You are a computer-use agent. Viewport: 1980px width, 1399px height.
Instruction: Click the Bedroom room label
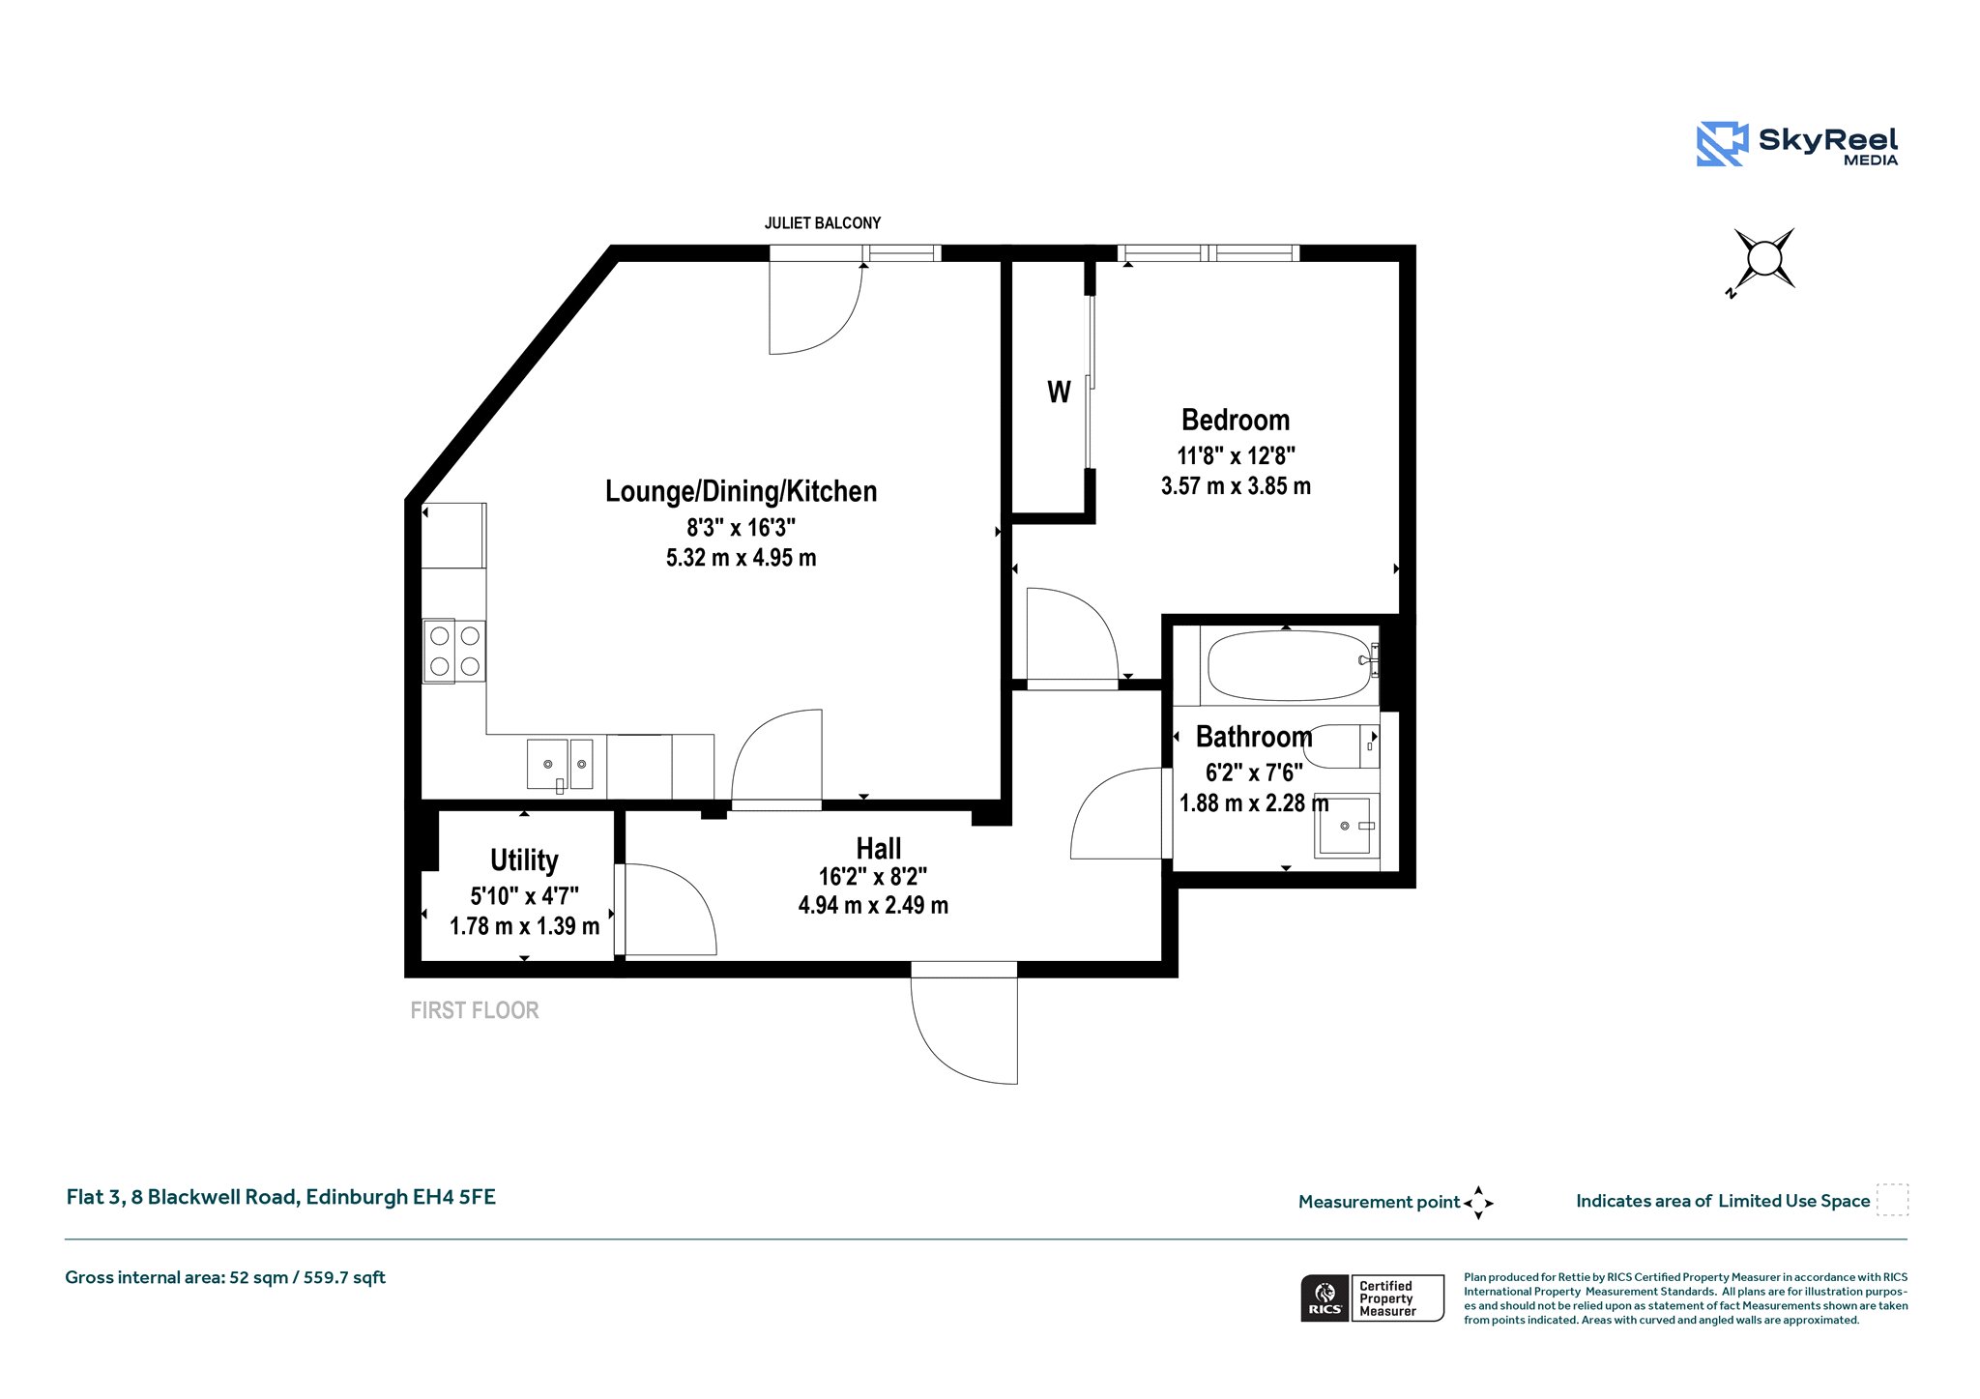click(x=1236, y=421)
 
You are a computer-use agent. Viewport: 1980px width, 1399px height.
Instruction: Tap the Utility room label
click(x=524, y=860)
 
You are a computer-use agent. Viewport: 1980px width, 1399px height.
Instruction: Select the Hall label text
click(x=879, y=849)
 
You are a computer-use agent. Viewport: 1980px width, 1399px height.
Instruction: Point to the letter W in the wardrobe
click(x=1059, y=392)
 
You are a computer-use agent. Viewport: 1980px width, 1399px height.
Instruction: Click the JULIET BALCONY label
click(x=823, y=223)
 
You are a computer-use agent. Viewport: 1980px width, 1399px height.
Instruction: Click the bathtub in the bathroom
click(x=1289, y=666)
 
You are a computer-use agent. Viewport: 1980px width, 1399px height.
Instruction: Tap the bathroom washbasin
click(x=1345, y=826)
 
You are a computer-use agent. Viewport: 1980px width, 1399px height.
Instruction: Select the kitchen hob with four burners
click(x=454, y=651)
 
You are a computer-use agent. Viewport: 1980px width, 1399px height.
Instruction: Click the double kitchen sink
click(x=560, y=764)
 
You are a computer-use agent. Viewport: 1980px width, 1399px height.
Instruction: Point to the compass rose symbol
click(x=1763, y=259)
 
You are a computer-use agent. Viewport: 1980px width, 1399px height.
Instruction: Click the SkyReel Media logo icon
click(x=1722, y=144)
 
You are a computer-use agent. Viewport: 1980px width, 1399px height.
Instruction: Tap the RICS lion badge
click(x=1325, y=1297)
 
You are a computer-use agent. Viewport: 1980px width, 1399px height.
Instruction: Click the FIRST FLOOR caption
click(x=475, y=1010)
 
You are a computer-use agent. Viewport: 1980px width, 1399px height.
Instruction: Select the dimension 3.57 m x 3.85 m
click(x=1236, y=486)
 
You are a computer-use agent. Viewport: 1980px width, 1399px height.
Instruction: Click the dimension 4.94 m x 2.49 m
click(x=873, y=906)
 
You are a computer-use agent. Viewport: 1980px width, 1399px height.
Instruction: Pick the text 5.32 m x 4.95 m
click(x=742, y=558)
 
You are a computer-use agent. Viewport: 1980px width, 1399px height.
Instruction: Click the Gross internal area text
click(x=225, y=1277)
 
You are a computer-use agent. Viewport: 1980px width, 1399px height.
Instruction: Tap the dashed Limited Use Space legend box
click(x=1892, y=1200)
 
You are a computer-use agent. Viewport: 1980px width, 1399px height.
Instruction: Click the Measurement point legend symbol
click(x=1478, y=1203)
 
